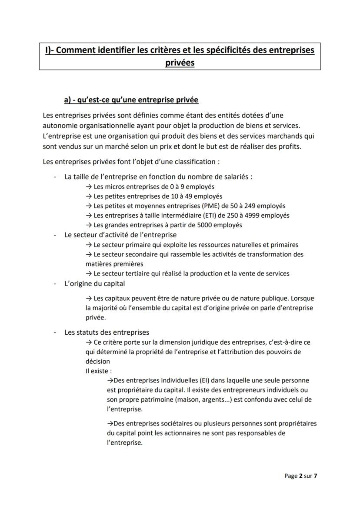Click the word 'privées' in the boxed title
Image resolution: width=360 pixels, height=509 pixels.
(x=180, y=63)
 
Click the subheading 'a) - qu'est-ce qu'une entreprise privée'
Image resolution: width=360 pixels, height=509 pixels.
(x=131, y=100)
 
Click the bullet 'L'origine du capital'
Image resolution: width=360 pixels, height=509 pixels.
(x=94, y=283)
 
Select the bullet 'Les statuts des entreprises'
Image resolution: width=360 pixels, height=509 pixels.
(x=107, y=332)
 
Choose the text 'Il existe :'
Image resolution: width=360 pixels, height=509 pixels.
(x=99, y=371)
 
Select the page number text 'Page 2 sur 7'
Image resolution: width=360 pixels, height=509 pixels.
(x=301, y=476)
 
